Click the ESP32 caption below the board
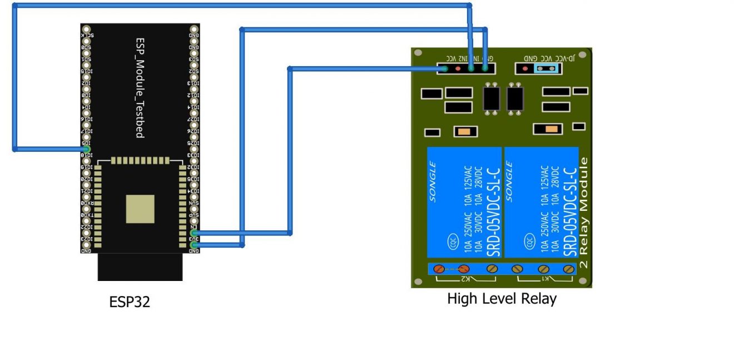130,302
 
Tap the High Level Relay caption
502,299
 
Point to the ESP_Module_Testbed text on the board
140,88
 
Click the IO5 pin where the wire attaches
87,149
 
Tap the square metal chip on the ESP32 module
140,209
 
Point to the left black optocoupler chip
491,98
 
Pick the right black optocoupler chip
515,98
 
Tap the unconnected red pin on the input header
458,68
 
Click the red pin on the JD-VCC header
525,68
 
